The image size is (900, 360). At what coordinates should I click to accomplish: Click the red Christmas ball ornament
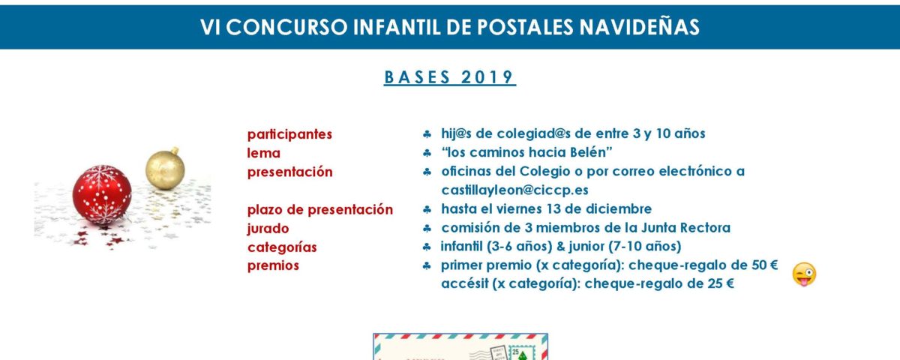102,194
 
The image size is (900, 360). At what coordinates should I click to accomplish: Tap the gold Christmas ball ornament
165,168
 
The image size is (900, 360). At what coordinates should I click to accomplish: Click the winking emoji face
804,274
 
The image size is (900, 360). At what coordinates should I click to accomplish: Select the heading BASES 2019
449,77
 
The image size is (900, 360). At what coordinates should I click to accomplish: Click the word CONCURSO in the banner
286,27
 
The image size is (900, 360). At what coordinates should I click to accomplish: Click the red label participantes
289,134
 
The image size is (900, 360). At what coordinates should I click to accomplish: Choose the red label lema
263,153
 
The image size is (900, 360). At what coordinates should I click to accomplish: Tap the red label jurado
268,229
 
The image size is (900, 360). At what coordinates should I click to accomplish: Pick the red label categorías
282,247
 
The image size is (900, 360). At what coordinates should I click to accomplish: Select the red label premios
273,265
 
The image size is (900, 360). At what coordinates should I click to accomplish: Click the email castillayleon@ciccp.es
514,190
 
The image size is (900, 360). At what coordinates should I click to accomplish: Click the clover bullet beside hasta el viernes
427,209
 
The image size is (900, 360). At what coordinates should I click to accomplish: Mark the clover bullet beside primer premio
427,265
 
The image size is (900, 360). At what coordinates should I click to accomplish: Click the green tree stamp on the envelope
521,353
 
